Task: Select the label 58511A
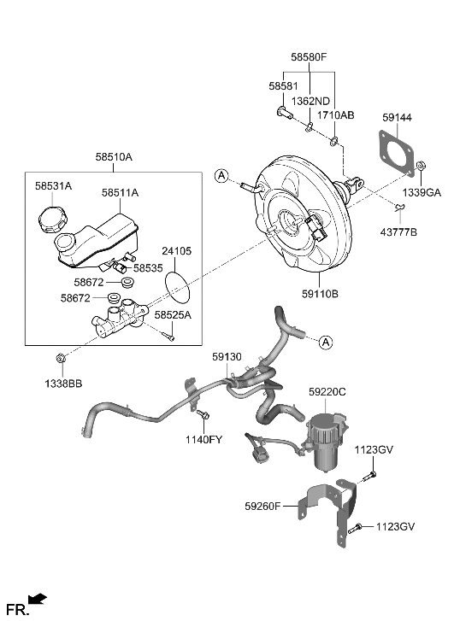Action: (x=120, y=194)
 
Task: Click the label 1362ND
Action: (x=311, y=101)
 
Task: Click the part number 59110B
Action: (x=321, y=294)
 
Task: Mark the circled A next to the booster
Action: (x=222, y=177)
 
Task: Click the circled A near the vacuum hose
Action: (x=325, y=342)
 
